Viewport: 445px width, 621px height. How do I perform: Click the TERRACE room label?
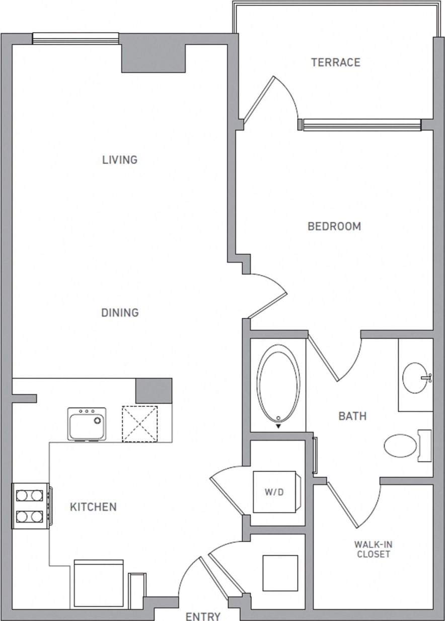coord(336,62)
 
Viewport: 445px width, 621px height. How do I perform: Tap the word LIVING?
coord(120,160)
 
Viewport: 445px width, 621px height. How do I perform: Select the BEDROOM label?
coord(334,226)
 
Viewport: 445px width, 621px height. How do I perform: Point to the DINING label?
coord(120,313)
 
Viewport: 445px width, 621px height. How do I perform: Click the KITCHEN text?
coord(93,507)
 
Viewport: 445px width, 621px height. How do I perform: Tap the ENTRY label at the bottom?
coord(203,616)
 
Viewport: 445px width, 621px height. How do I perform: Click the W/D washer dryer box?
coord(275,492)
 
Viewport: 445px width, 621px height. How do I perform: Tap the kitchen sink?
coord(87,424)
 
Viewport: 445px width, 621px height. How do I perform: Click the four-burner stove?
coord(30,506)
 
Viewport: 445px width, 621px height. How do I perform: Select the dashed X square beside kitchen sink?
coord(140,424)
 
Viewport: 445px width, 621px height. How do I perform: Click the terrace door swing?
coord(274,98)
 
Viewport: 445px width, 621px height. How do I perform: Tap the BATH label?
coord(352,416)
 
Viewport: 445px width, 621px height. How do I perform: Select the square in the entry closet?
coord(280,573)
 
